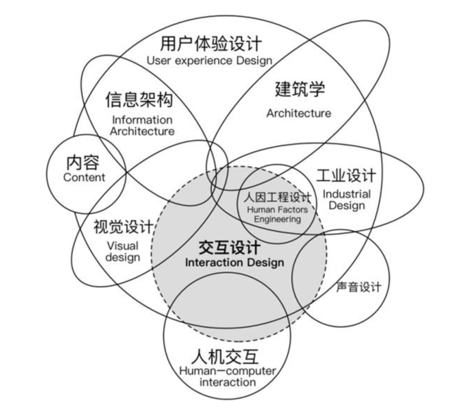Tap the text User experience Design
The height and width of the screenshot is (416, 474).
[209, 61]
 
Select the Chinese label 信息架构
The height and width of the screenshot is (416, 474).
[139, 100]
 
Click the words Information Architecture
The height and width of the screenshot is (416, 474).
[142, 126]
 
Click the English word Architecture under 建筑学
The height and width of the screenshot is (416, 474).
[298, 113]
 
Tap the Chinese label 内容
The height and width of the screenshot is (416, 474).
[83, 163]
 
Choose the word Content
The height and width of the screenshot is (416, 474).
[84, 177]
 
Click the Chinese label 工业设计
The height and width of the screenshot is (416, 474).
[346, 176]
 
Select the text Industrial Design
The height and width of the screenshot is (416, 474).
[347, 200]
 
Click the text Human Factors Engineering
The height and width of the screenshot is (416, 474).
[277, 215]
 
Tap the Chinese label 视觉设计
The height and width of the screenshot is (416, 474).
[123, 227]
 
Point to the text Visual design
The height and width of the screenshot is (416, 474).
[122, 251]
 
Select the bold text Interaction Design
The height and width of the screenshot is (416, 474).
[234, 263]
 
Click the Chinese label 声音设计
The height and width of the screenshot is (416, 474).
[359, 287]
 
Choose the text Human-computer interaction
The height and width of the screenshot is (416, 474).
[227, 377]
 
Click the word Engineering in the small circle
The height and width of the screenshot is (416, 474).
[277, 219]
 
